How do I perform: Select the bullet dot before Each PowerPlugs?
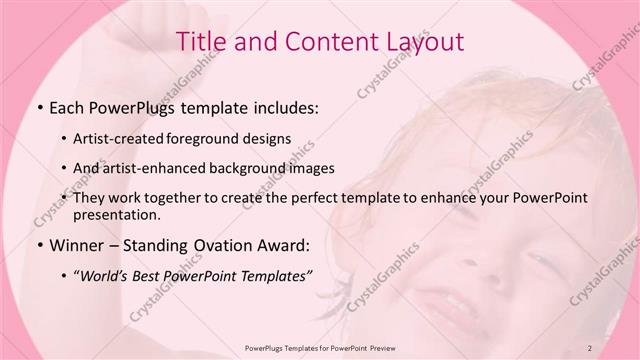click(x=39, y=106)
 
